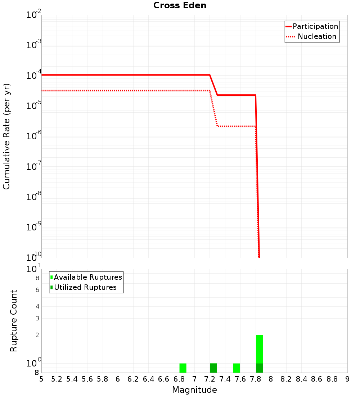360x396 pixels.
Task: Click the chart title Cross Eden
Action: click(180, 5)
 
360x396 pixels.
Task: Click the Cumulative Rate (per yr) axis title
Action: click(6, 136)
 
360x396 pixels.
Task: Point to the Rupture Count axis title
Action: click(14, 321)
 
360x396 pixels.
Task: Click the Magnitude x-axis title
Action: click(194, 390)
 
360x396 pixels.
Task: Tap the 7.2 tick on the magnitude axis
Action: click(210, 379)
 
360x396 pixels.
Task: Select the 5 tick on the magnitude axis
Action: click(41, 379)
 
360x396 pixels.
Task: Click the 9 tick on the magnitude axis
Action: click(347, 379)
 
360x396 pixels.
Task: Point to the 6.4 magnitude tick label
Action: click(149, 379)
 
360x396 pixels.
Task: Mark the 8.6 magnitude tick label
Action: click(317, 379)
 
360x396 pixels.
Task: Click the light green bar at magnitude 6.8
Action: click(183, 368)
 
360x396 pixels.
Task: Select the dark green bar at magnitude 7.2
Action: click(213, 368)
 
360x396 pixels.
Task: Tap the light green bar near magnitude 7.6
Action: click(237, 368)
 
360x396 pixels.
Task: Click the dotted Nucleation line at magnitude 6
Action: click(118, 90)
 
